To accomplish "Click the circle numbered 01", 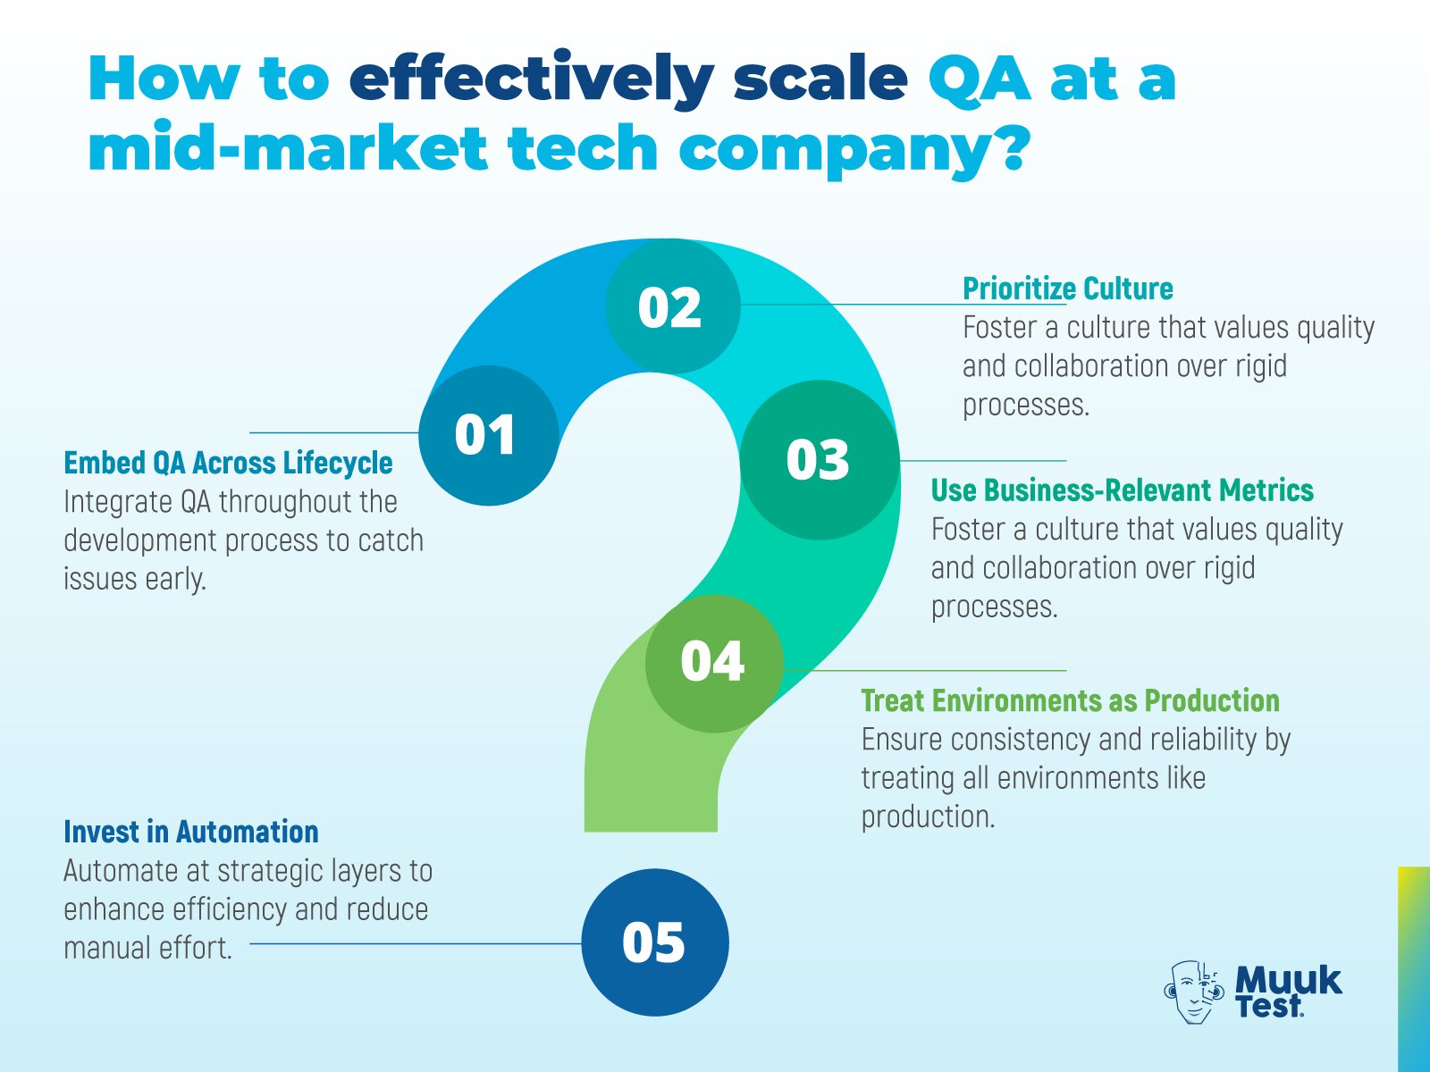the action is click(x=489, y=435).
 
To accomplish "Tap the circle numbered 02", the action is click(x=673, y=306).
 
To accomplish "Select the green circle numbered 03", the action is click(x=820, y=460).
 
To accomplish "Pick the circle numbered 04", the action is click(x=715, y=663).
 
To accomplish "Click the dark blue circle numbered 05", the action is click(x=655, y=942).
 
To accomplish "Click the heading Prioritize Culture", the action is click(x=1068, y=289).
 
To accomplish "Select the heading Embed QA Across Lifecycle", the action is click(x=228, y=463).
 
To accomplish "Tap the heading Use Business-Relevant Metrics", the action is click(x=1122, y=490).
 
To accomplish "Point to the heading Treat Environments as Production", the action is click(x=1071, y=700).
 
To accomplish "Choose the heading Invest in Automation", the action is click(x=191, y=832).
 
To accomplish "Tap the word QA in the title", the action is click(x=980, y=80).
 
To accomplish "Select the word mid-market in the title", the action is click(x=287, y=147).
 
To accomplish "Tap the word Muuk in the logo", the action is click(x=1288, y=980).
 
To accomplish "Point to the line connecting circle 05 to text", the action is click(x=416, y=943).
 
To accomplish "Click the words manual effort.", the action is click(x=147, y=948).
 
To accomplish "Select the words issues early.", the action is click(x=135, y=579).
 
